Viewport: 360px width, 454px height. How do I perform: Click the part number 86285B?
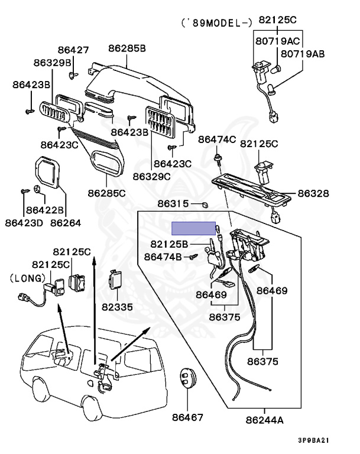pos(127,48)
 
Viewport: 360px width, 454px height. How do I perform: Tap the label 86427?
pos(73,50)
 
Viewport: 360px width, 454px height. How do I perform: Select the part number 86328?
pos(313,193)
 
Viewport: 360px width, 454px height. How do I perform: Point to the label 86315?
pos(173,203)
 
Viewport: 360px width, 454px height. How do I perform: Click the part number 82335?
pos(117,307)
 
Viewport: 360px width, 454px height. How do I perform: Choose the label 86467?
pos(187,417)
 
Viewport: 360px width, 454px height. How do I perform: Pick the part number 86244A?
pos(264,420)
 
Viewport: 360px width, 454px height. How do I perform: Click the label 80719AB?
pos(303,54)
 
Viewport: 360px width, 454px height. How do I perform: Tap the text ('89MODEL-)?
pos(216,23)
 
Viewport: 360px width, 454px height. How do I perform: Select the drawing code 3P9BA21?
pos(314,440)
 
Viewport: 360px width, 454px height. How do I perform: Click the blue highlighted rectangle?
pos(193,228)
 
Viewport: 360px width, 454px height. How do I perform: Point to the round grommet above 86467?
pos(187,378)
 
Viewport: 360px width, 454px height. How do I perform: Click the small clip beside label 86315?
pos(205,205)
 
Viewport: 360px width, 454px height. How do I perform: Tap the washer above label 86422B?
pos(37,189)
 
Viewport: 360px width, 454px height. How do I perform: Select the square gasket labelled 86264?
pos(47,172)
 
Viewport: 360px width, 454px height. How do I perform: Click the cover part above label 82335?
pos(115,280)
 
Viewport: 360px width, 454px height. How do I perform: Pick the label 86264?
pos(66,223)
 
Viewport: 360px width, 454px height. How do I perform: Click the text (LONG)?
pos(28,278)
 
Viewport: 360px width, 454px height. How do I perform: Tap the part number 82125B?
pos(169,244)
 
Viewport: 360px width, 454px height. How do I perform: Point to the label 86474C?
pos(217,140)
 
